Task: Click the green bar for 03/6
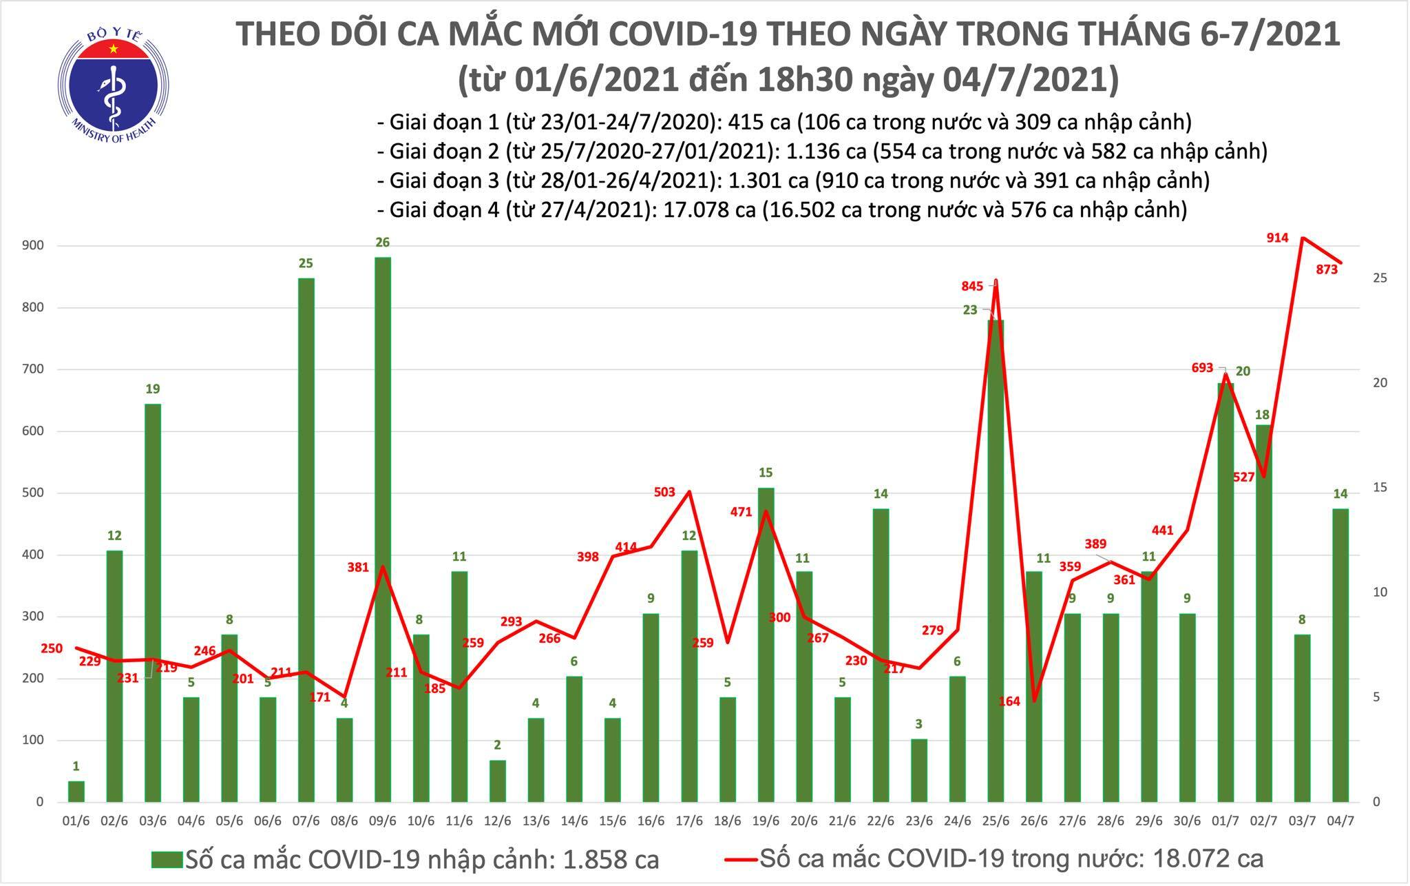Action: point(152,602)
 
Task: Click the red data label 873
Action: point(1327,269)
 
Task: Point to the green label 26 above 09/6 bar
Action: point(383,242)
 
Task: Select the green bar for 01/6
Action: point(76,791)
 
